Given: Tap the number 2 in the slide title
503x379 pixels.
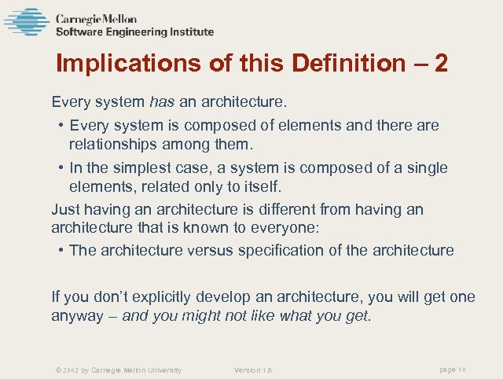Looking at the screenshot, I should tap(440, 64).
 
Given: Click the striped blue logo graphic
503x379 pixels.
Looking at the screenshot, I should tap(27, 22).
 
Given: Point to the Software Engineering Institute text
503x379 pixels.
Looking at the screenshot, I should tap(134, 32).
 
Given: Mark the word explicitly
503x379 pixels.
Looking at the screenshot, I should tap(155, 296).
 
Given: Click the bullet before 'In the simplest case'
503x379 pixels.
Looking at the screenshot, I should tap(61, 168).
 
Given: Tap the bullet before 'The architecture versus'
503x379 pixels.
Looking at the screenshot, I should tap(61, 250).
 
